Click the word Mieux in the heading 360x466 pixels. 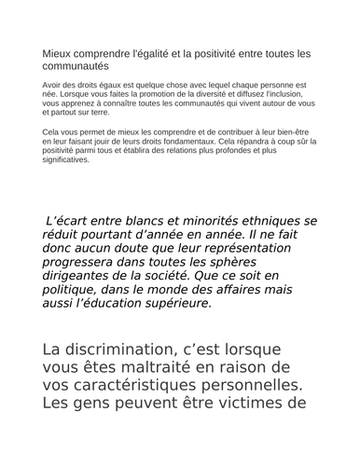coord(57,54)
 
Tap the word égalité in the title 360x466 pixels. coord(156,54)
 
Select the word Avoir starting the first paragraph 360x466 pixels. coord(54,84)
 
